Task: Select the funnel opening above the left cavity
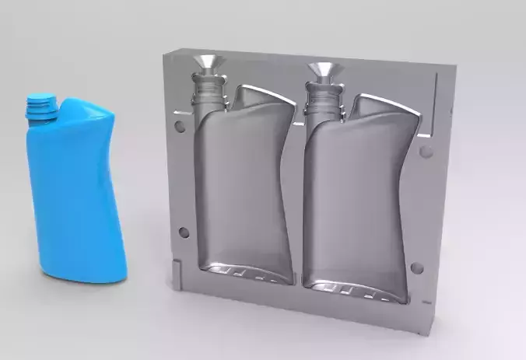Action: [208, 63]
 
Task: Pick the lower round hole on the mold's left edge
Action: [183, 232]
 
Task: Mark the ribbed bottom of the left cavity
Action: [245, 273]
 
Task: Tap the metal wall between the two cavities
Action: [299, 194]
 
